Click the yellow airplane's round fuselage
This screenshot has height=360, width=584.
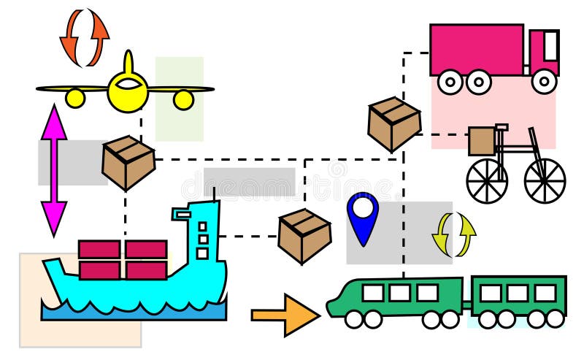coord(128,92)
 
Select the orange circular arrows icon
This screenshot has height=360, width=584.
coord(84,37)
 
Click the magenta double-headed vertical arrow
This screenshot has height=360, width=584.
coord(54,169)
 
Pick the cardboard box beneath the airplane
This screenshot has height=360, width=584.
coord(128,162)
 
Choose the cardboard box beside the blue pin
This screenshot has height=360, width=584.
coord(304,235)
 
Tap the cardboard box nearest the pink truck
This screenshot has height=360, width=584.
coord(394,124)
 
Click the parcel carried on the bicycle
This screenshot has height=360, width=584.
coord(482,141)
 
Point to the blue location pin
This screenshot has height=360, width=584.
coord(363,215)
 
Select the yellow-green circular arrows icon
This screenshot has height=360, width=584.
coord(453,235)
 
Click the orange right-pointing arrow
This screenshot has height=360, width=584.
coord(285,315)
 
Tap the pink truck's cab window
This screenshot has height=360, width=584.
coord(550,45)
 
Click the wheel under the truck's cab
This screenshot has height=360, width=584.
coord(544,82)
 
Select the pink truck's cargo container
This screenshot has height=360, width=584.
coord(476,50)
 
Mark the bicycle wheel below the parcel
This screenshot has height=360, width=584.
coord(486,180)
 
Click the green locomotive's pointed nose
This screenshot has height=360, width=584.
coord(336,304)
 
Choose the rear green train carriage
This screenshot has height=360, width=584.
coord(518,296)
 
